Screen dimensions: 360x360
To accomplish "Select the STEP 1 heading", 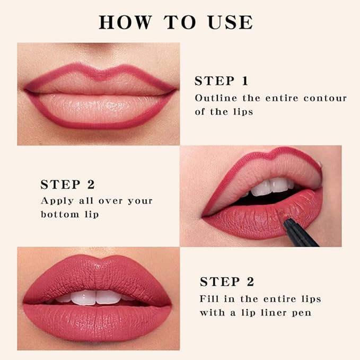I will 221,81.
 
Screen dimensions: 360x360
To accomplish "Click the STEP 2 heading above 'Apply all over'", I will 67,185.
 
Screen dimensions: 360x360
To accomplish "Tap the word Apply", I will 56,201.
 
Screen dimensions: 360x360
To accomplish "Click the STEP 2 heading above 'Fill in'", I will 226,282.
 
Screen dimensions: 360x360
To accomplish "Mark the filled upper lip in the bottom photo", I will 95,273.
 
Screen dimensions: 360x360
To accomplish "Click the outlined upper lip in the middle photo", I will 260,167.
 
